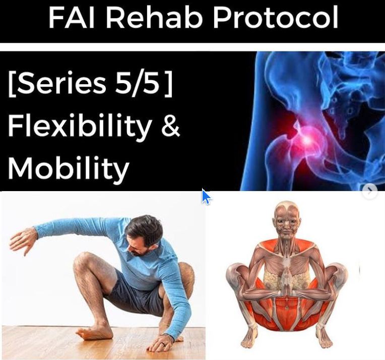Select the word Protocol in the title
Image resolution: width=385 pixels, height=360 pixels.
[275, 19]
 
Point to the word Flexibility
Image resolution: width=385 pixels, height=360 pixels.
[80, 126]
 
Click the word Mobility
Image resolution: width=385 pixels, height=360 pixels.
[68, 169]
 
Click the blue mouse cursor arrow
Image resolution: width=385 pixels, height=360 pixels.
[206, 197]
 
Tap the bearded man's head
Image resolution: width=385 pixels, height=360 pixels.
[144, 235]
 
